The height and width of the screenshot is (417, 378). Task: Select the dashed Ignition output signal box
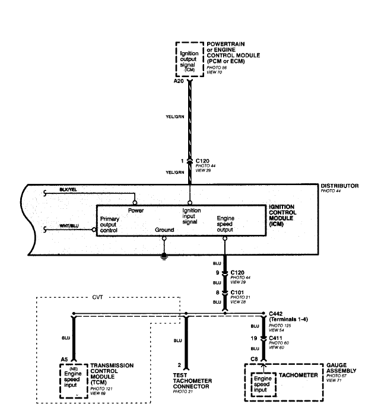tap(189, 58)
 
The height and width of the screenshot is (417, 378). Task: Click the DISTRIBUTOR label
tap(339, 186)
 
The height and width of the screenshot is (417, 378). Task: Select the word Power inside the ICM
tap(136, 211)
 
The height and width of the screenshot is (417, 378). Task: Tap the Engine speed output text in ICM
tap(225, 223)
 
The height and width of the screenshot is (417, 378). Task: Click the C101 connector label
tap(238, 292)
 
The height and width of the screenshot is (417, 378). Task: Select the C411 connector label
tap(277, 338)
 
